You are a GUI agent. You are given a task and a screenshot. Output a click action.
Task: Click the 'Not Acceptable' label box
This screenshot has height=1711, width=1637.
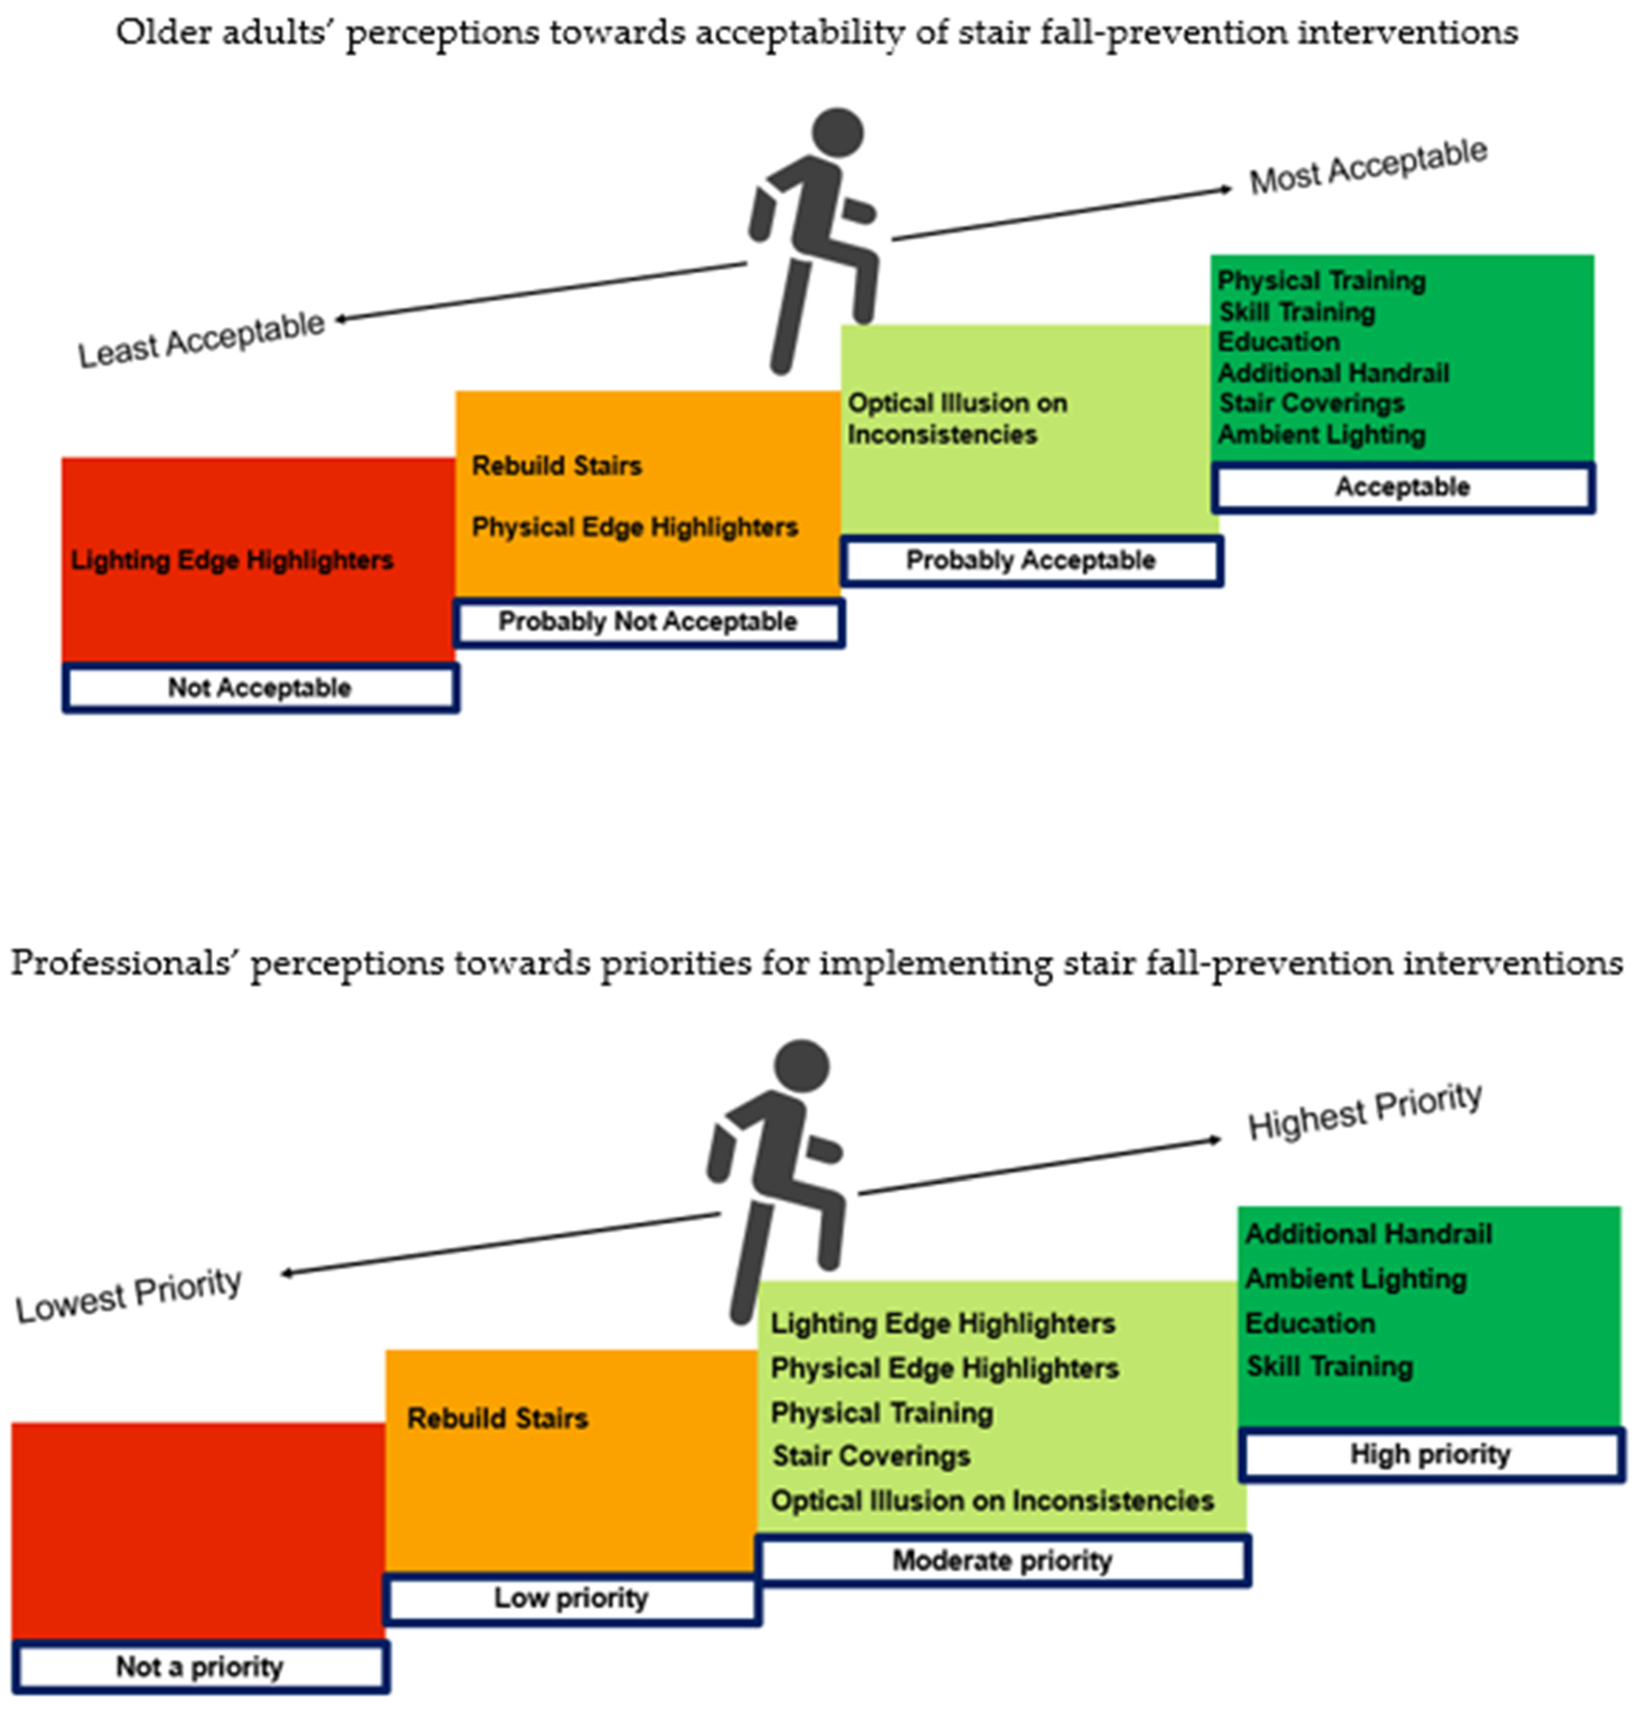(260, 688)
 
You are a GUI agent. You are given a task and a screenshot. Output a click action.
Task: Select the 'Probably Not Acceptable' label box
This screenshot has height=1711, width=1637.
(648, 622)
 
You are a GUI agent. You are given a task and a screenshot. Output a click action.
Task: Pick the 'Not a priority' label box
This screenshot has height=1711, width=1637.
(200, 1667)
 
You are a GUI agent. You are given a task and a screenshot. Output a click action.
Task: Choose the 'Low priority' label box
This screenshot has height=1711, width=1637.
(571, 1598)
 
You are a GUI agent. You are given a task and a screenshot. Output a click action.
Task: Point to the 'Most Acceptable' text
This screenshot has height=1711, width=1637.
(1368, 166)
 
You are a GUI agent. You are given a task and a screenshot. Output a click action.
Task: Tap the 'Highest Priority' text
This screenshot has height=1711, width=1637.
(1365, 1111)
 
